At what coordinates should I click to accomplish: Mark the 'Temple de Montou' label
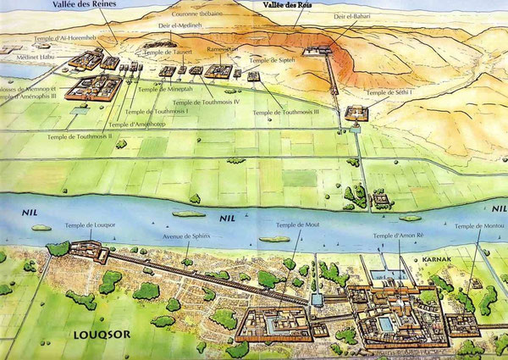pos(478,225)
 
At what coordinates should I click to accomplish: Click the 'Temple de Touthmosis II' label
pos(81,136)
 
